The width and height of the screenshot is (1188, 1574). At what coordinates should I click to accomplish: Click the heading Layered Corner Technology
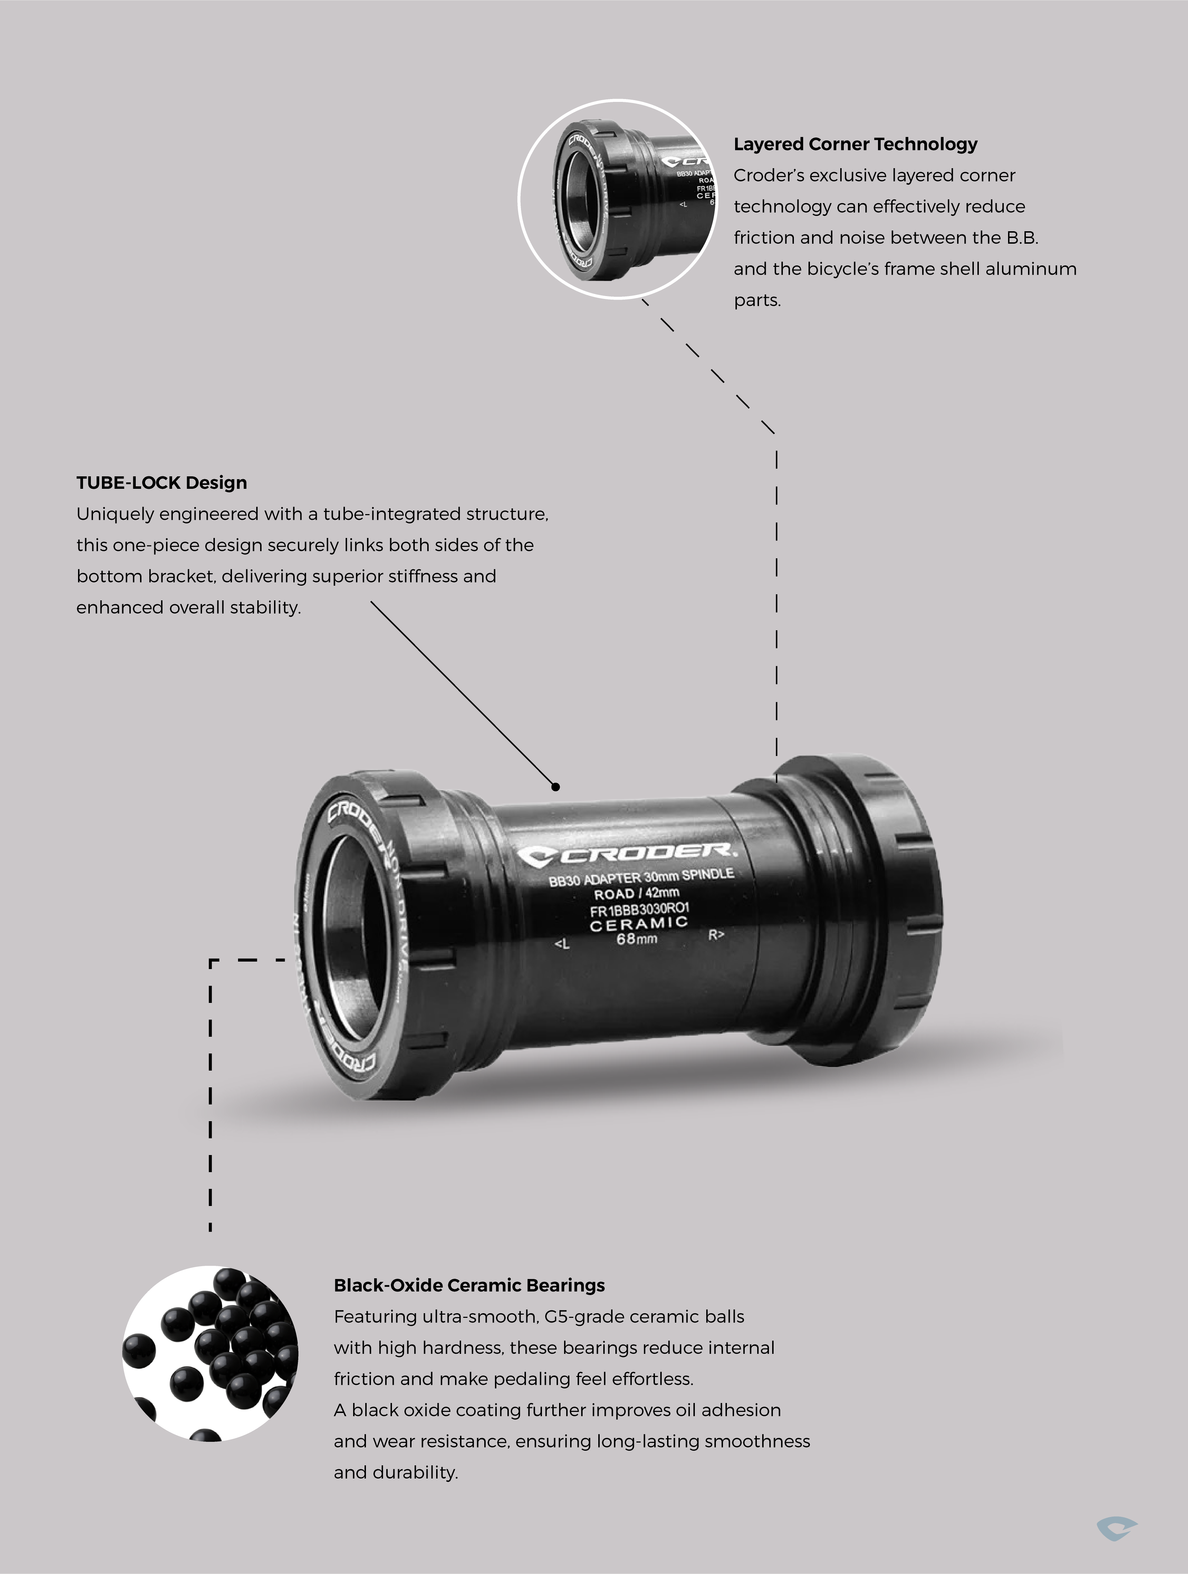click(855, 144)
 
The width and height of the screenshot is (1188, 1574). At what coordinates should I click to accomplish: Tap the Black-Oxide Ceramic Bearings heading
click(469, 1285)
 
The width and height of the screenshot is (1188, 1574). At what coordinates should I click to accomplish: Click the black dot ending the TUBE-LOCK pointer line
click(556, 786)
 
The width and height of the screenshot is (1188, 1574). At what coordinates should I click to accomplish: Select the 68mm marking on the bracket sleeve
click(636, 938)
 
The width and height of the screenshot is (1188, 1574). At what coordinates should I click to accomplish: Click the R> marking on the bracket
click(716, 934)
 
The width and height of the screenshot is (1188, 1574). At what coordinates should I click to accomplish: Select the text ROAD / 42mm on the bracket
click(636, 893)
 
